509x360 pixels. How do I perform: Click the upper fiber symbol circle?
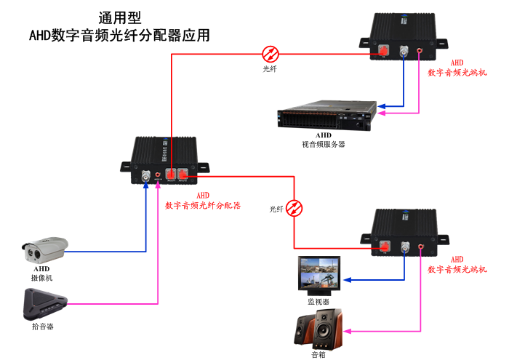click(270, 53)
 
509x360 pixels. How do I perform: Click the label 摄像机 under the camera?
click(41, 278)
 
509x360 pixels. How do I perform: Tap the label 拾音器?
click(43, 327)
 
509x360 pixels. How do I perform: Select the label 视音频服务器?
click(324, 144)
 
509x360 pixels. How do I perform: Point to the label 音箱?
click(318, 355)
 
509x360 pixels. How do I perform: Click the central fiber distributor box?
click(164, 156)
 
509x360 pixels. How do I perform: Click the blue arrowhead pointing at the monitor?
click(348, 280)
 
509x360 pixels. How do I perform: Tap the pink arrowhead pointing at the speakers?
click(348, 331)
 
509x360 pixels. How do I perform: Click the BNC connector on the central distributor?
click(146, 176)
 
